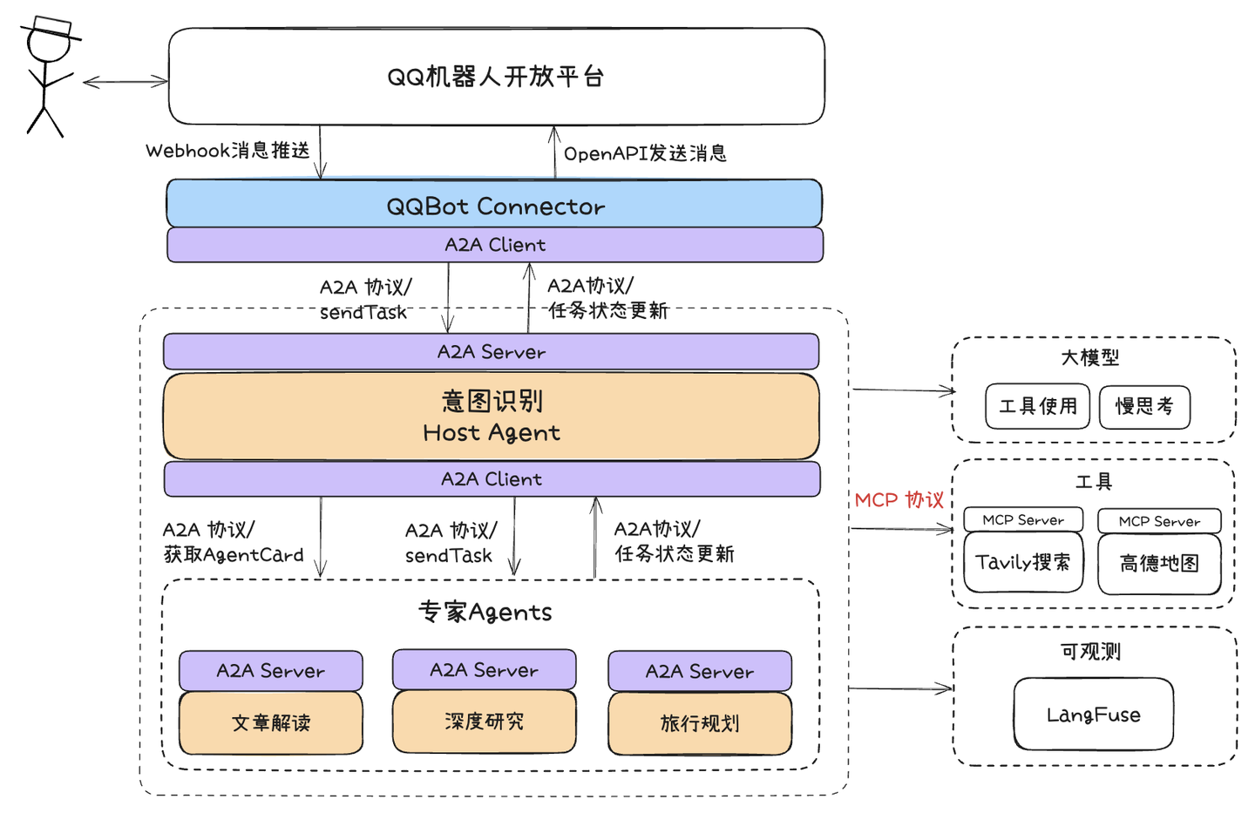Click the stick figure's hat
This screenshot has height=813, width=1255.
pyautogui.click(x=50, y=27)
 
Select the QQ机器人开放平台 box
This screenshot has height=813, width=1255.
pyautogui.click(x=496, y=77)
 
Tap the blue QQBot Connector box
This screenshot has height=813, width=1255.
pyautogui.click(x=494, y=205)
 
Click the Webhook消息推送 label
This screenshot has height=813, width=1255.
pyautogui.click(x=227, y=151)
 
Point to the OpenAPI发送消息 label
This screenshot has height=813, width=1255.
pyautogui.click(x=645, y=153)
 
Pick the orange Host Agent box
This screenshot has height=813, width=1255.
pyautogui.click(x=492, y=417)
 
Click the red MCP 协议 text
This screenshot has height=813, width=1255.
pyautogui.click(x=899, y=500)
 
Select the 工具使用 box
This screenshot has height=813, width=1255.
pyautogui.click(x=1037, y=407)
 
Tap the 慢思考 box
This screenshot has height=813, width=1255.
pyautogui.click(x=1144, y=407)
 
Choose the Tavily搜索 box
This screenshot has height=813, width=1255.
pyautogui.click(x=1023, y=563)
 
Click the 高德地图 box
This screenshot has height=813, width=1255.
pyautogui.click(x=1159, y=564)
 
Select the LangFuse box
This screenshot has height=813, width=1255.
pyautogui.click(x=1093, y=715)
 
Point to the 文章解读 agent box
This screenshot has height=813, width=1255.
pyautogui.click(x=271, y=723)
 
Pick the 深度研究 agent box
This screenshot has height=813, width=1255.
pyautogui.click(x=484, y=722)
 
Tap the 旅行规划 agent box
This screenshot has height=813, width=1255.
pyautogui.click(x=700, y=723)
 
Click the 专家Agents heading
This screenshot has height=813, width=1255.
pyautogui.click(x=485, y=612)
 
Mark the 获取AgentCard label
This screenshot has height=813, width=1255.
pyautogui.click(x=234, y=555)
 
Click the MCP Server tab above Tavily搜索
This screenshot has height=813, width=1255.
pyautogui.click(x=1023, y=520)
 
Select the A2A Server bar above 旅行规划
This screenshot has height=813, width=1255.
pyautogui.click(x=700, y=671)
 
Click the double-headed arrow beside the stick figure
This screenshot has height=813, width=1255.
pyautogui.click(x=125, y=82)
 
